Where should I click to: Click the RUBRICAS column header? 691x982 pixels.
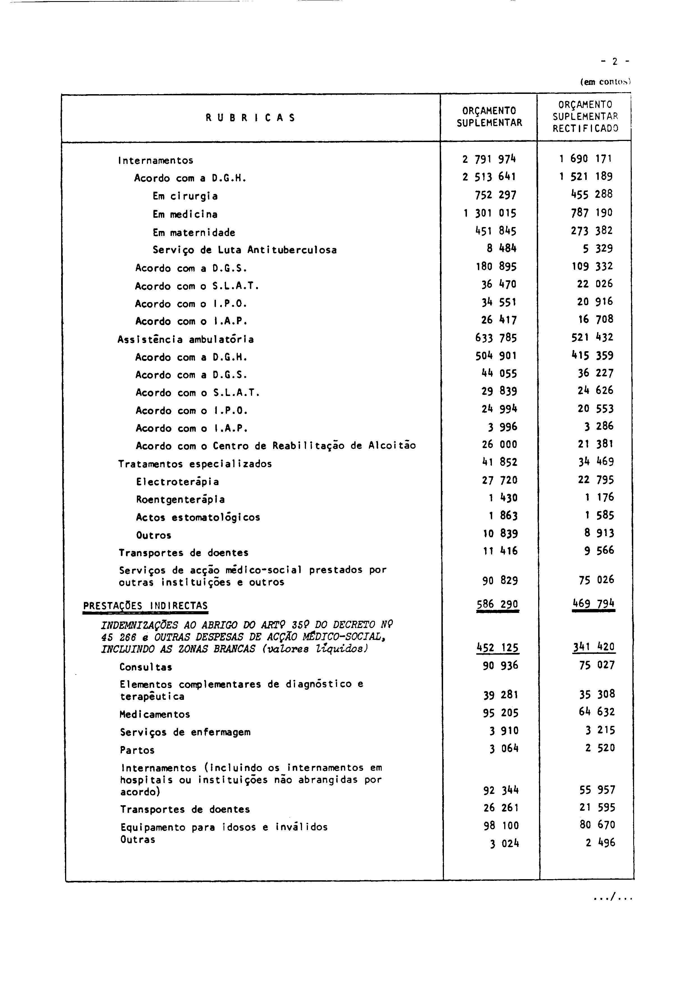pos(250,118)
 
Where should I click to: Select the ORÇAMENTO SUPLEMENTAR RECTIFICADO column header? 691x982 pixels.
pos(585,116)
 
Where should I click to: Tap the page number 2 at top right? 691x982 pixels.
pos(615,62)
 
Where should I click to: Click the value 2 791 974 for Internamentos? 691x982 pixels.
pos(489,159)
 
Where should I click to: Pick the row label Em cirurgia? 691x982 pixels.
pos(185,196)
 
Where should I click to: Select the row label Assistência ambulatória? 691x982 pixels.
pos(186,340)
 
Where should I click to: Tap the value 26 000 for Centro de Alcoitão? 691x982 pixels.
pos(499,444)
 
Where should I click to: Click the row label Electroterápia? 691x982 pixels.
pos(178,481)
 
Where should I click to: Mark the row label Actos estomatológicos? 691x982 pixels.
pos(198,518)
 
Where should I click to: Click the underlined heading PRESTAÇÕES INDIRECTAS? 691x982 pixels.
pos(146,606)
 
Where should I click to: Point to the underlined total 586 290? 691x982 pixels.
pos(497,604)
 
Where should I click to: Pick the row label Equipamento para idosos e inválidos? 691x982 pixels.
pos(224,827)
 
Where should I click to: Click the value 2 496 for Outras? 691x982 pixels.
pos(600,842)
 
